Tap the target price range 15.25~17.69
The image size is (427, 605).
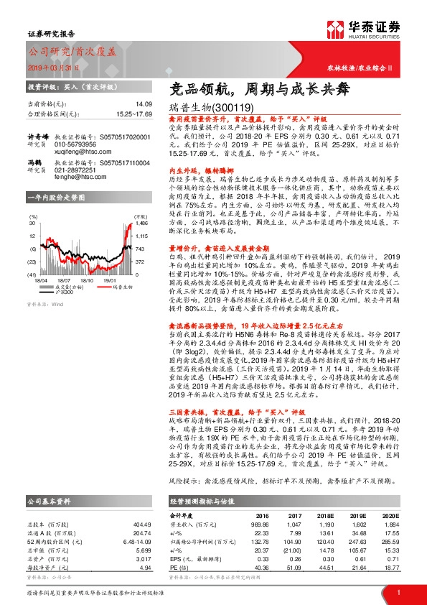(x=135, y=114)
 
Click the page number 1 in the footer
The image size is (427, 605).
(x=397, y=592)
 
